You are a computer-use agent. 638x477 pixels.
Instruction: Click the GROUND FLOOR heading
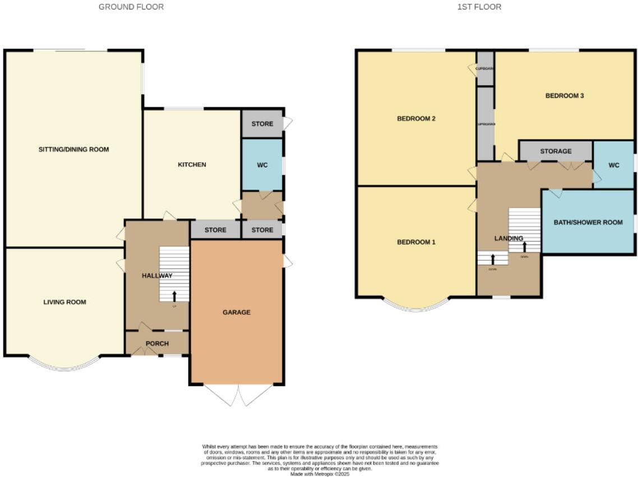coord(131,7)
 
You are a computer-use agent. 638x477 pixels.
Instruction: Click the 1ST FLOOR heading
coord(471,7)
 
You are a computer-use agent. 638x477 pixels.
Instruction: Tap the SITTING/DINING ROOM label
coord(73,149)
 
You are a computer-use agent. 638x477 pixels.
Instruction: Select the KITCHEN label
coord(192,164)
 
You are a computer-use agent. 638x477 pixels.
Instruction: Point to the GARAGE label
coord(236,312)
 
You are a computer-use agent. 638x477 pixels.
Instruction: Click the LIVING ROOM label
coord(64,302)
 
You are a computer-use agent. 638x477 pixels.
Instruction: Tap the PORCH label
coord(157,343)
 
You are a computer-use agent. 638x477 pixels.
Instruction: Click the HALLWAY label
coord(157,276)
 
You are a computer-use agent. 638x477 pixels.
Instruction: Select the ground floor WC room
coord(262,165)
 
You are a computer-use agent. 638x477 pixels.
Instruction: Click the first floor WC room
coord(614,165)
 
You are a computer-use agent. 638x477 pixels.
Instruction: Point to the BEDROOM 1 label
coord(416,242)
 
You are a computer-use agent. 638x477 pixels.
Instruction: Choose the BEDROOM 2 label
coord(416,118)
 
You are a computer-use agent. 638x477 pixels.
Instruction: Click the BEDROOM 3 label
coord(565,95)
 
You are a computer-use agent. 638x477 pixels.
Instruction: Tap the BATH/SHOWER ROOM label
coord(588,222)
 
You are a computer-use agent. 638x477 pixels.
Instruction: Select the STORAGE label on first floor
coord(556,151)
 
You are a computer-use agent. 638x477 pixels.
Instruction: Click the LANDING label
coord(508,238)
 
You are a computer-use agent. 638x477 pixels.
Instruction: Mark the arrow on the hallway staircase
coord(174,295)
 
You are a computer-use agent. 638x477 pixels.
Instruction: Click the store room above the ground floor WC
coord(262,124)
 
